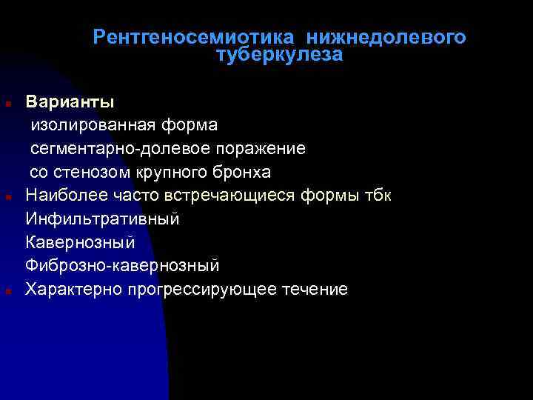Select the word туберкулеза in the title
point(280,56)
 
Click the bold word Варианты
point(70,100)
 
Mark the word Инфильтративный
point(102,219)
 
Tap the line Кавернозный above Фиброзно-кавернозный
point(80,242)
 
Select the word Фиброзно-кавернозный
point(122,265)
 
